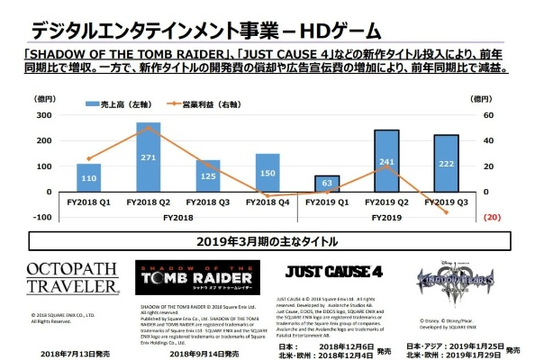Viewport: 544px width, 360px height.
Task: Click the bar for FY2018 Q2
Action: coord(148,157)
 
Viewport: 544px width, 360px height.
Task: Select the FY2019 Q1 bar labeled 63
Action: coord(327,184)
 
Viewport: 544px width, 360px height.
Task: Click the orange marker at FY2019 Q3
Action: coord(443,212)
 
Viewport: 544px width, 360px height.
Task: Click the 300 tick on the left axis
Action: coord(43,116)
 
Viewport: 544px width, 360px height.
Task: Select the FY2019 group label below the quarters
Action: coord(385,217)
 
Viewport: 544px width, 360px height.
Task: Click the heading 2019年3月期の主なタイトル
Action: coord(271,241)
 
